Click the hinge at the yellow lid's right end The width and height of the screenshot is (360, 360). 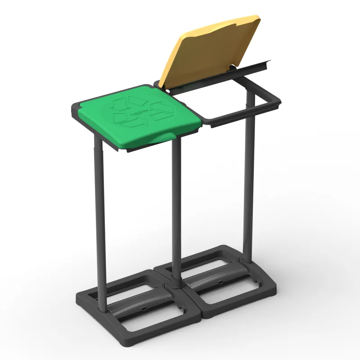tap(233, 67)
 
